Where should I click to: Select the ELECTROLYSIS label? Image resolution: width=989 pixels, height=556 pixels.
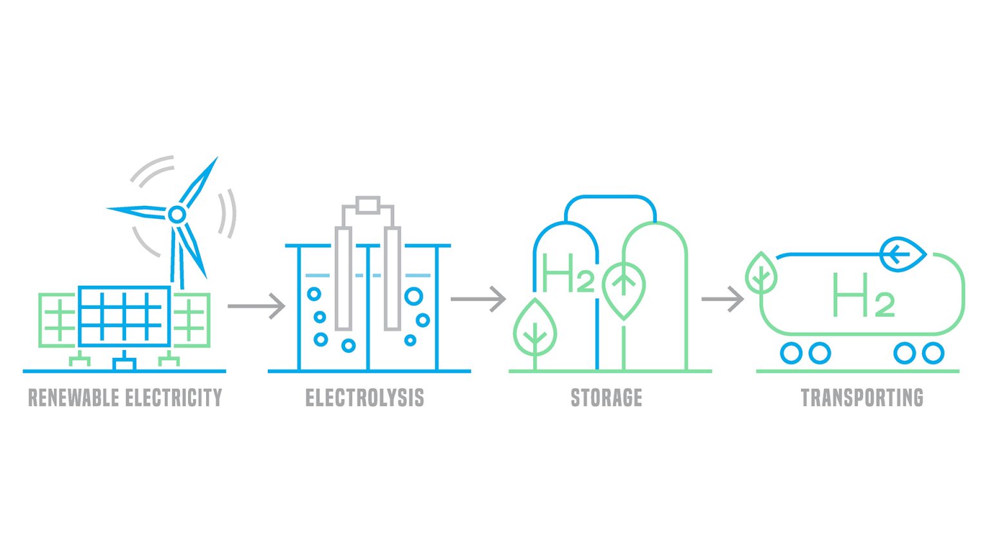[364, 398]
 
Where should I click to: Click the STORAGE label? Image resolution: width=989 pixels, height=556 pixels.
[607, 398]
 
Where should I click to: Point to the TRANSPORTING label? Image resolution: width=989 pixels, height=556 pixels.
[862, 398]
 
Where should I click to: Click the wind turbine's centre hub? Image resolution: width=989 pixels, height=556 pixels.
[176, 214]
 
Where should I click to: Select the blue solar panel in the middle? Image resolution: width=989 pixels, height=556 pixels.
[124, 316]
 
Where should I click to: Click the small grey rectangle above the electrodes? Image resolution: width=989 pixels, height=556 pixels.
[368, 205]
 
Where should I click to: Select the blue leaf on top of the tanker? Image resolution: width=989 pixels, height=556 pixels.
[903, 254]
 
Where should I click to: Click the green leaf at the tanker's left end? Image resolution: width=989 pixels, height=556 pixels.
[761, 273]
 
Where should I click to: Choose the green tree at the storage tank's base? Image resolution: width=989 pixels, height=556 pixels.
[534, 329]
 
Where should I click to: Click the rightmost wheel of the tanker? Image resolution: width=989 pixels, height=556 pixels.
[932, 353]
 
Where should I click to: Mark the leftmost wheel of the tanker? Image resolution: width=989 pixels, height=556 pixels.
[791, 353]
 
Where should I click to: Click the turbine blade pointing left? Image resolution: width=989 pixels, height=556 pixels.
[137, 211]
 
